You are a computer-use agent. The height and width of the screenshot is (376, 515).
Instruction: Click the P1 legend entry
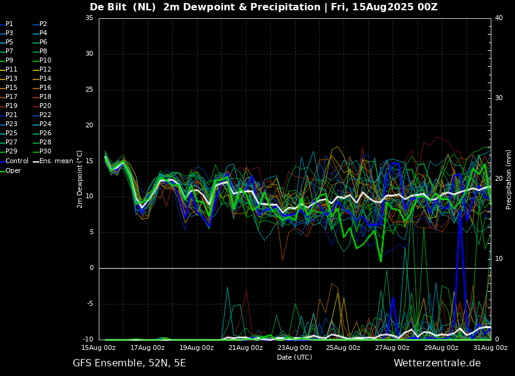tap(7, 24)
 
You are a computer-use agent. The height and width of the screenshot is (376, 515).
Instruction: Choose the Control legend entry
tap(14, 161)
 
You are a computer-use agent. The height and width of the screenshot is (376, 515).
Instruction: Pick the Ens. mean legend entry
tap(53, 161)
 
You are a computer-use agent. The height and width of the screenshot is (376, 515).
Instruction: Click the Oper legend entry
tap(10, 171)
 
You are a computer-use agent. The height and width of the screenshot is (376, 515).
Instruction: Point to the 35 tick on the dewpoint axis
tap(89, 18)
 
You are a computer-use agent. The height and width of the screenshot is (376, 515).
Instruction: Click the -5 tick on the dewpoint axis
tap(89, 304)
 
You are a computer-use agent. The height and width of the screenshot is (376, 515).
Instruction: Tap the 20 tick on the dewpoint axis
tap(89, 125)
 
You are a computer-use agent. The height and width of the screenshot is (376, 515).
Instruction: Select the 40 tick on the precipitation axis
tap(499, 18)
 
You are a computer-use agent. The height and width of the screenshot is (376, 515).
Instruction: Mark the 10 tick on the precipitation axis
tap(499, 259)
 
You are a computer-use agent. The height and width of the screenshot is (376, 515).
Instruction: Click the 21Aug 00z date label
tap(245, 347)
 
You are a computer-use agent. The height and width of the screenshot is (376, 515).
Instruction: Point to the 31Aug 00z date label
tap(490, 347)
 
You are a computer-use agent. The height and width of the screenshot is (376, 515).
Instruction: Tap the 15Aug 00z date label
tap(99, 347)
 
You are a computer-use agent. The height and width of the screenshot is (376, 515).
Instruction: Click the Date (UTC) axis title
tap(294, 357)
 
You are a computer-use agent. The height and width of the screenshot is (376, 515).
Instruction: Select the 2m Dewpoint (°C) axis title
tap(80, 179)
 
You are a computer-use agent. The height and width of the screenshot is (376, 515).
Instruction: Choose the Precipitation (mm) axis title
tap(509, 180)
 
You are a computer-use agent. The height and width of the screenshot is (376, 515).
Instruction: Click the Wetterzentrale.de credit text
tap(437, 363)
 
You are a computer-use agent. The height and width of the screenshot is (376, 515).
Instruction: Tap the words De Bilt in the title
tap(108, 7)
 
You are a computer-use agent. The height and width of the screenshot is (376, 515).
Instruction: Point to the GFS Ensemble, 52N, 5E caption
tap(130, 363)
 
